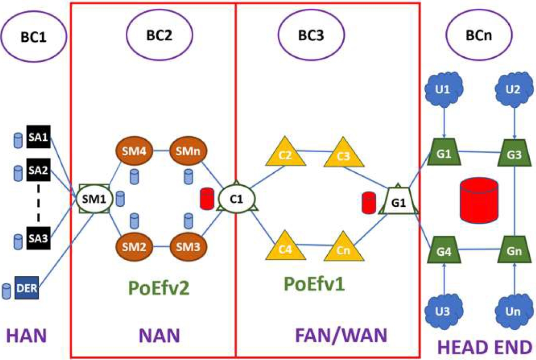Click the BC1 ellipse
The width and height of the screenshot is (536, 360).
click(36, 37)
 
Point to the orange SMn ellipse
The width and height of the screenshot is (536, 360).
click(185, 152)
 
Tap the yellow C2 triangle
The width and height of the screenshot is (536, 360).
click(287, 153)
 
